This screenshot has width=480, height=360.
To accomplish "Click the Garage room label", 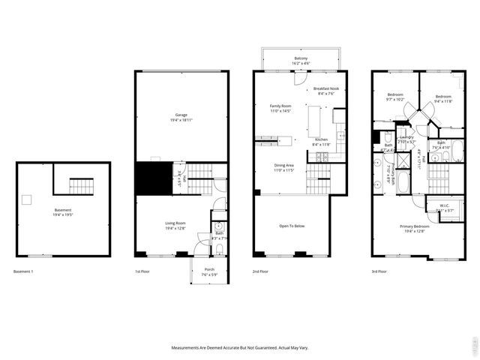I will [x=181, y=117].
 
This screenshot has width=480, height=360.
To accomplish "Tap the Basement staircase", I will [x=79, y=184].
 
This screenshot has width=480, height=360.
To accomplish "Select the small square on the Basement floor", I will [x=26, y=199].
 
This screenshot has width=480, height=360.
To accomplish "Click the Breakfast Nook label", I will [x=329, y=91].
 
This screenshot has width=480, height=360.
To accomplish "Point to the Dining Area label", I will [x=283, y=168].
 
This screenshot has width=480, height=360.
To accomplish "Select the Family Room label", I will [x=280, y=109].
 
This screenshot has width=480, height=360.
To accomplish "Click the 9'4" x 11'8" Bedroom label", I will [x=444, y=99].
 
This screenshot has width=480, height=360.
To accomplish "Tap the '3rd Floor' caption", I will [x=379, y=271].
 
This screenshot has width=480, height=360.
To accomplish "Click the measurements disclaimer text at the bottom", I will [x=239, y=348].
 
